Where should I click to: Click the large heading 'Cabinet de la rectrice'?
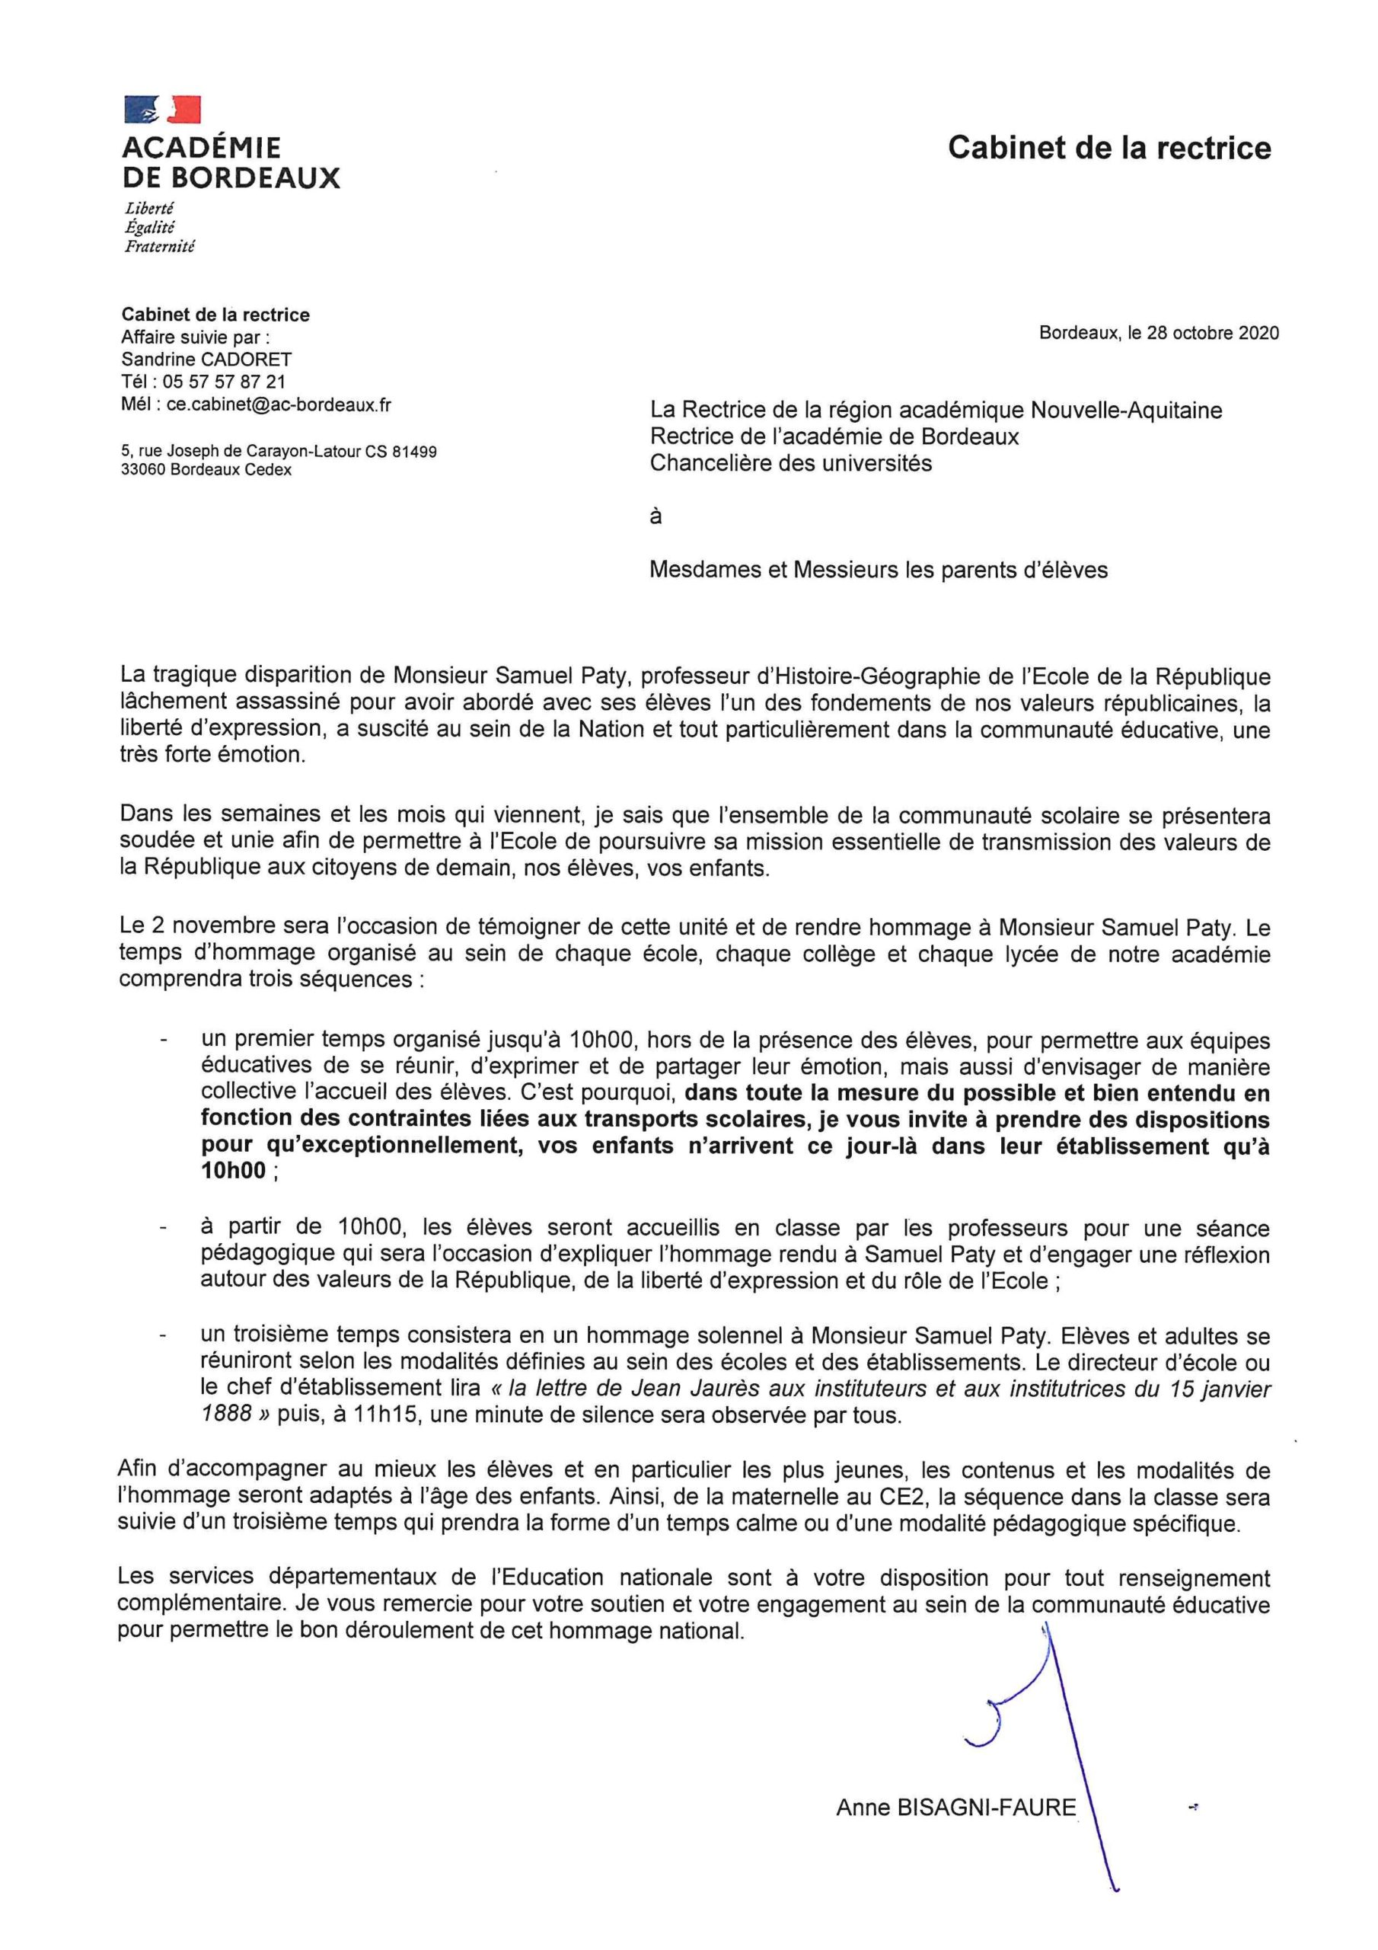pos(1108,148)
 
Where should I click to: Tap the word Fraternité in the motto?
pos(160,247)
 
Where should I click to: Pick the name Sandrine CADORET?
pos(206,360)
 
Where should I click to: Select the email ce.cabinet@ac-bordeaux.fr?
pos(279,405)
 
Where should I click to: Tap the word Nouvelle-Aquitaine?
pos(1126,411)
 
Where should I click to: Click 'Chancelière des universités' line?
pos(790,464)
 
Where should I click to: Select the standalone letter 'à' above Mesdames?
pos(656,516)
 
